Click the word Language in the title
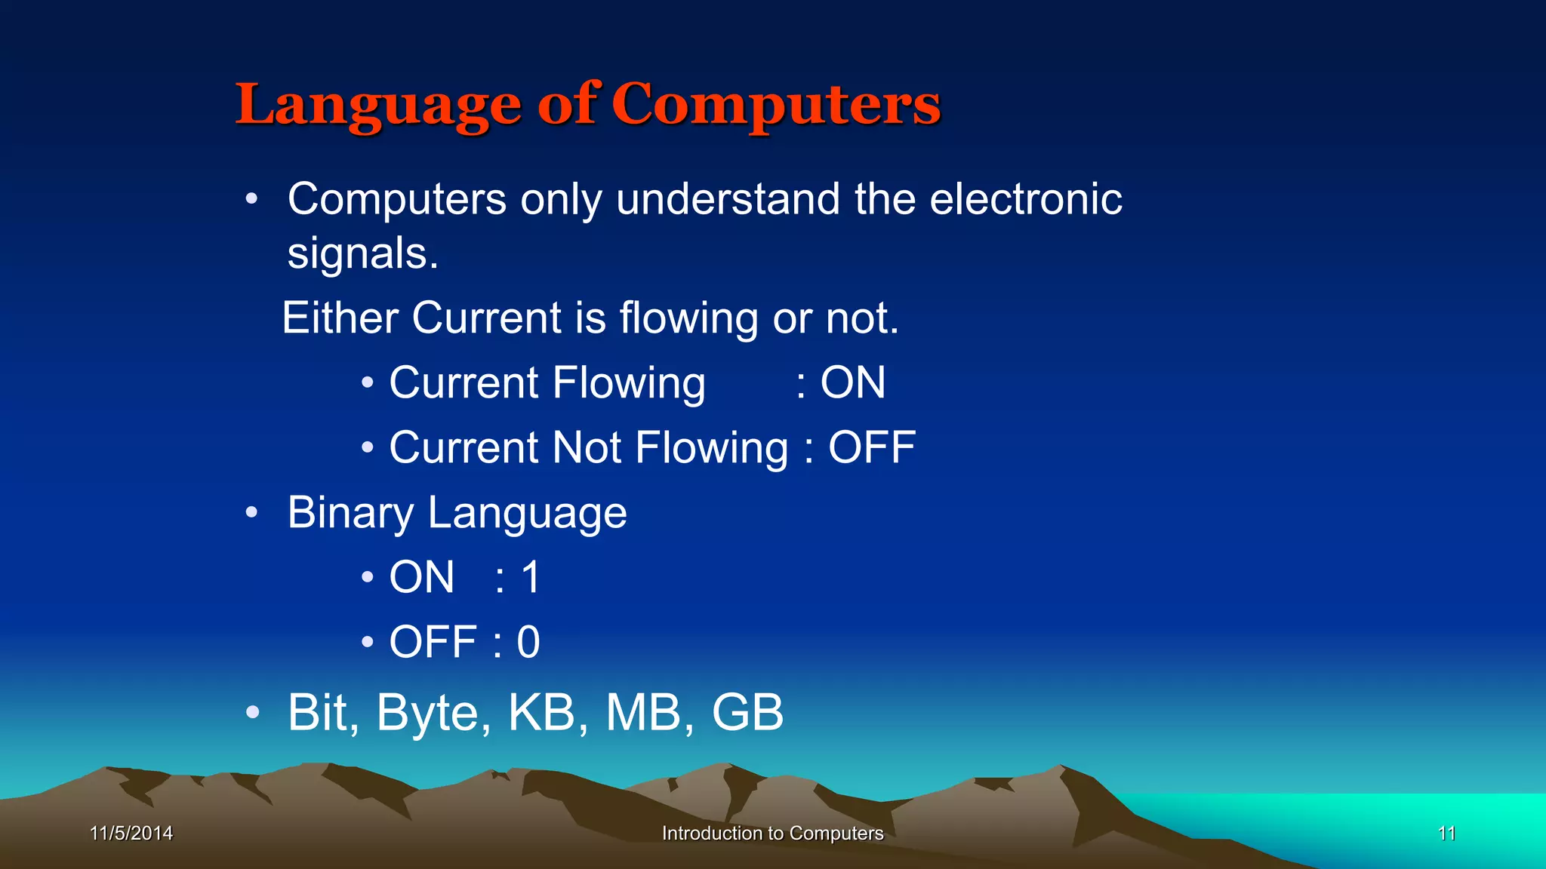[377, 106]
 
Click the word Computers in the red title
[776, 106]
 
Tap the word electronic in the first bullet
[1025, 199]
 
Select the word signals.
[362, 253]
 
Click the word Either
[340, 318]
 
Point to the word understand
[728, 199]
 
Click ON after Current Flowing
[852, 382]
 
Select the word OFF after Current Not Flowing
[872, 447]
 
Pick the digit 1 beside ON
[531, 578]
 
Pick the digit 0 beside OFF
[528, 643]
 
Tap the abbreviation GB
[747, 712]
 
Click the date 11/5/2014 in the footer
[131, 833]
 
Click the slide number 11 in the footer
[1446, 833]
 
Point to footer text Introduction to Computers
[772, 833]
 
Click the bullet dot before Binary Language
[252, 514]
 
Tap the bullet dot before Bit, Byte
[252, 712]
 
